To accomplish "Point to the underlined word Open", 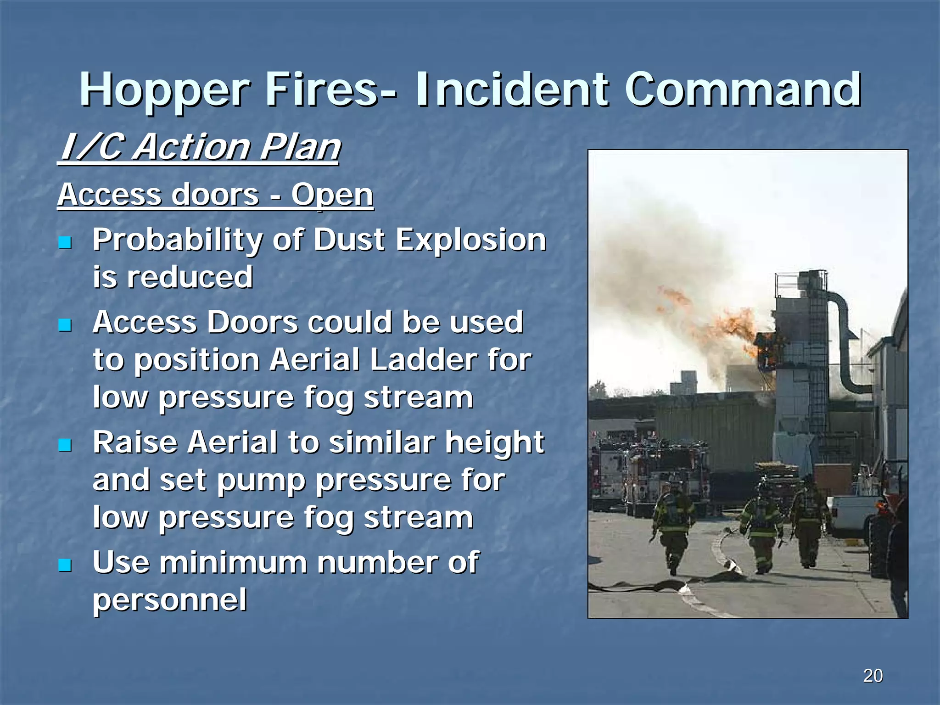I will pos(332,195).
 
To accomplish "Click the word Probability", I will pos(178,240).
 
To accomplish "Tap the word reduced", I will pos(190,277).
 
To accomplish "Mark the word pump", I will pos(261,481).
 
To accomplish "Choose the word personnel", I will pos(170,600).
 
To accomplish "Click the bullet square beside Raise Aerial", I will pos(65,445).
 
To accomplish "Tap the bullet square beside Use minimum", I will pos(65,565).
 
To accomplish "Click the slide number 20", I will pos(873,676).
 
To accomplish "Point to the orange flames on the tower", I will pos(734,326).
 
